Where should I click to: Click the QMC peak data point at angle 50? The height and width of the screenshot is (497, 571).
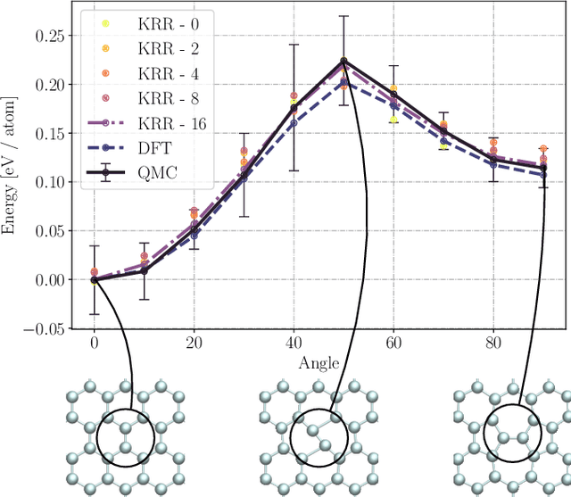pyautogui.click(x=343, y=62)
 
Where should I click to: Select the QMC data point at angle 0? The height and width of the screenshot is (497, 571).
pyautogui.click(x=94, y=279)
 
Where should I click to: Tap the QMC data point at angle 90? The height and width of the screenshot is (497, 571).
pyautogui.click(x=543, y=168)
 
